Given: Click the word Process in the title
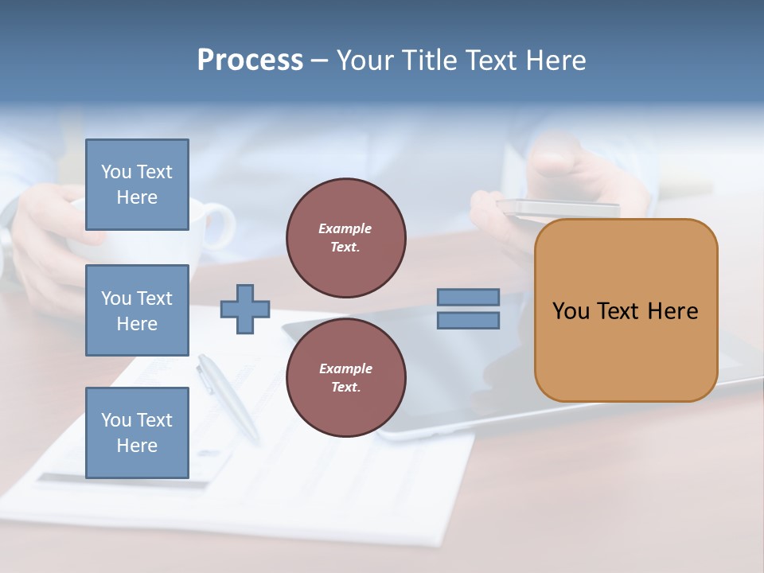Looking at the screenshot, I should (x=250, y=60).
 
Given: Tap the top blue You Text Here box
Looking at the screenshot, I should (x=137, y=185).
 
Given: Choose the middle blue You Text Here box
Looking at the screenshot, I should (x=137, y=310).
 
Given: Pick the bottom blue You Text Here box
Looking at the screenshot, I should (x=137, y=433).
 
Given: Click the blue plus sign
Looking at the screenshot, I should (x=245, y=309).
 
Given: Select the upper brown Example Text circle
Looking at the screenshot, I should (x=345, y=237).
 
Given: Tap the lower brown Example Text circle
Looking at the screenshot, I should (x=345, y=377).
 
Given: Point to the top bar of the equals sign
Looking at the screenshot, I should (x=468, y=297).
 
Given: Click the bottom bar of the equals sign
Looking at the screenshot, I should (x=468, y=320).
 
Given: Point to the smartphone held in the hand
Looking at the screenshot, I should (x=557, y=208).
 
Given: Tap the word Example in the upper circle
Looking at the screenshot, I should (x=345, y=228).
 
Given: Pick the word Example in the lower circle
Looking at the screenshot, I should (x=345, y=368).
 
